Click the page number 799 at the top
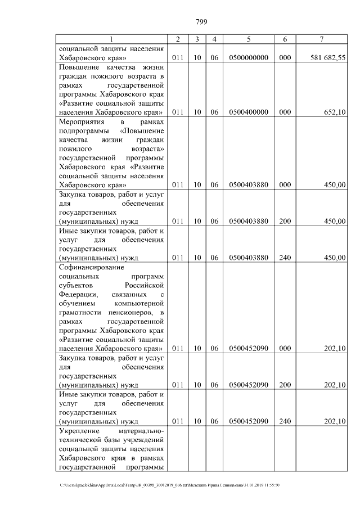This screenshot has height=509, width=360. [x=202, y=22]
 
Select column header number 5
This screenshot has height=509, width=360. [x=249, y=39]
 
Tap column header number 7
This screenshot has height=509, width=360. [x=321, y=39]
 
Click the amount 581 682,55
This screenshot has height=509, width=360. [x=327, y=57]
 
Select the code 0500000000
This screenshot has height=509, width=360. [x=249, y=57]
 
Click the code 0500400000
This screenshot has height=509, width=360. [x=249, y=112]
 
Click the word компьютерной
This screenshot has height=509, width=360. [x=138, y=303]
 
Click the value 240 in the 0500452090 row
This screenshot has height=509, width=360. [x=285, y=421]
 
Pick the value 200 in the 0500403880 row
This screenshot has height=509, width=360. [x=285, y=221]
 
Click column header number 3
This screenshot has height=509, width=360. [x=197, y=39]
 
